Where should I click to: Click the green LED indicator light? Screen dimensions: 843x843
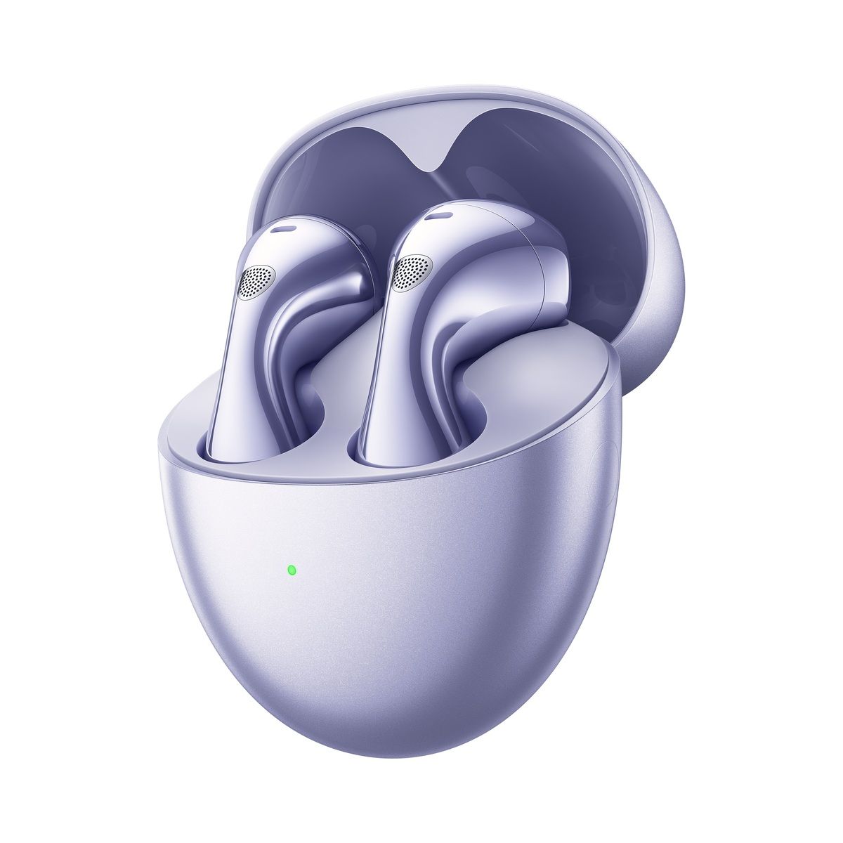tap(291, 569)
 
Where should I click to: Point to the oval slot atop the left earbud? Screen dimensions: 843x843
tap(285, 230)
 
